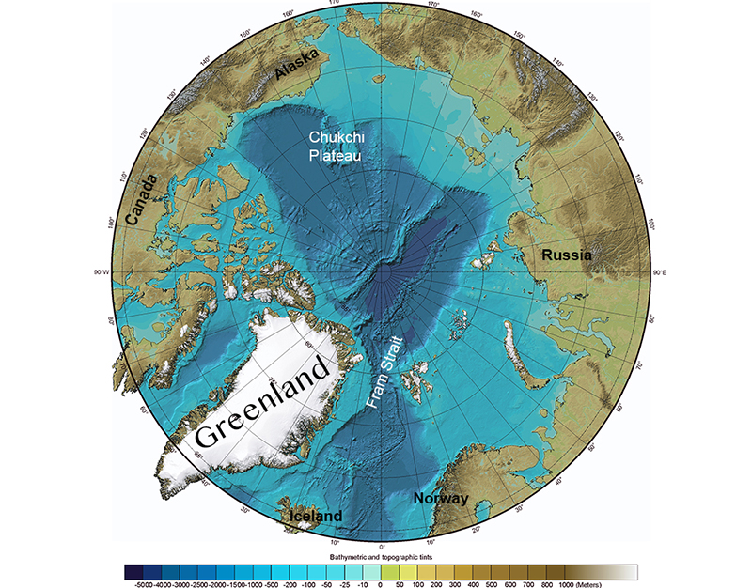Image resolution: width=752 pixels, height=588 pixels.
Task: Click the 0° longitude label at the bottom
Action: pos(382,546)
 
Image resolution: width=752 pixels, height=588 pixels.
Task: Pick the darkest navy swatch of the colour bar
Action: pos(134,570)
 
